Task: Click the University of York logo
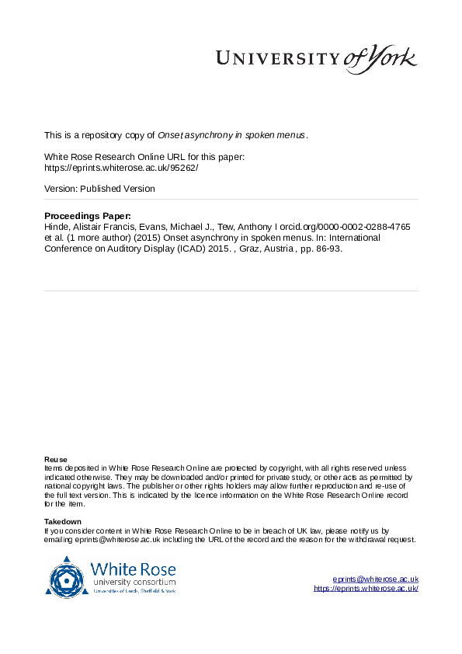pos(316,58)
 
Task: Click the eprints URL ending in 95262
pos(121,167)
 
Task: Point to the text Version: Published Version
pos(99,189)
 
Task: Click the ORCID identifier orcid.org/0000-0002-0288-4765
pos(339,227)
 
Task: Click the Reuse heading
pos(55,459)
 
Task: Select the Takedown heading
pos(63,521)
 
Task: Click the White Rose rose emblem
pos(67,576)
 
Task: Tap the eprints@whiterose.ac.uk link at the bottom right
pos(376,579)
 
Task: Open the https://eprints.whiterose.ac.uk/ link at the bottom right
pos(366,589)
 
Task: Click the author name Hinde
pos(57,227)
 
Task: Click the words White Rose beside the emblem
pos(133,568)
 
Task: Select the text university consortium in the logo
pos(134,582)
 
